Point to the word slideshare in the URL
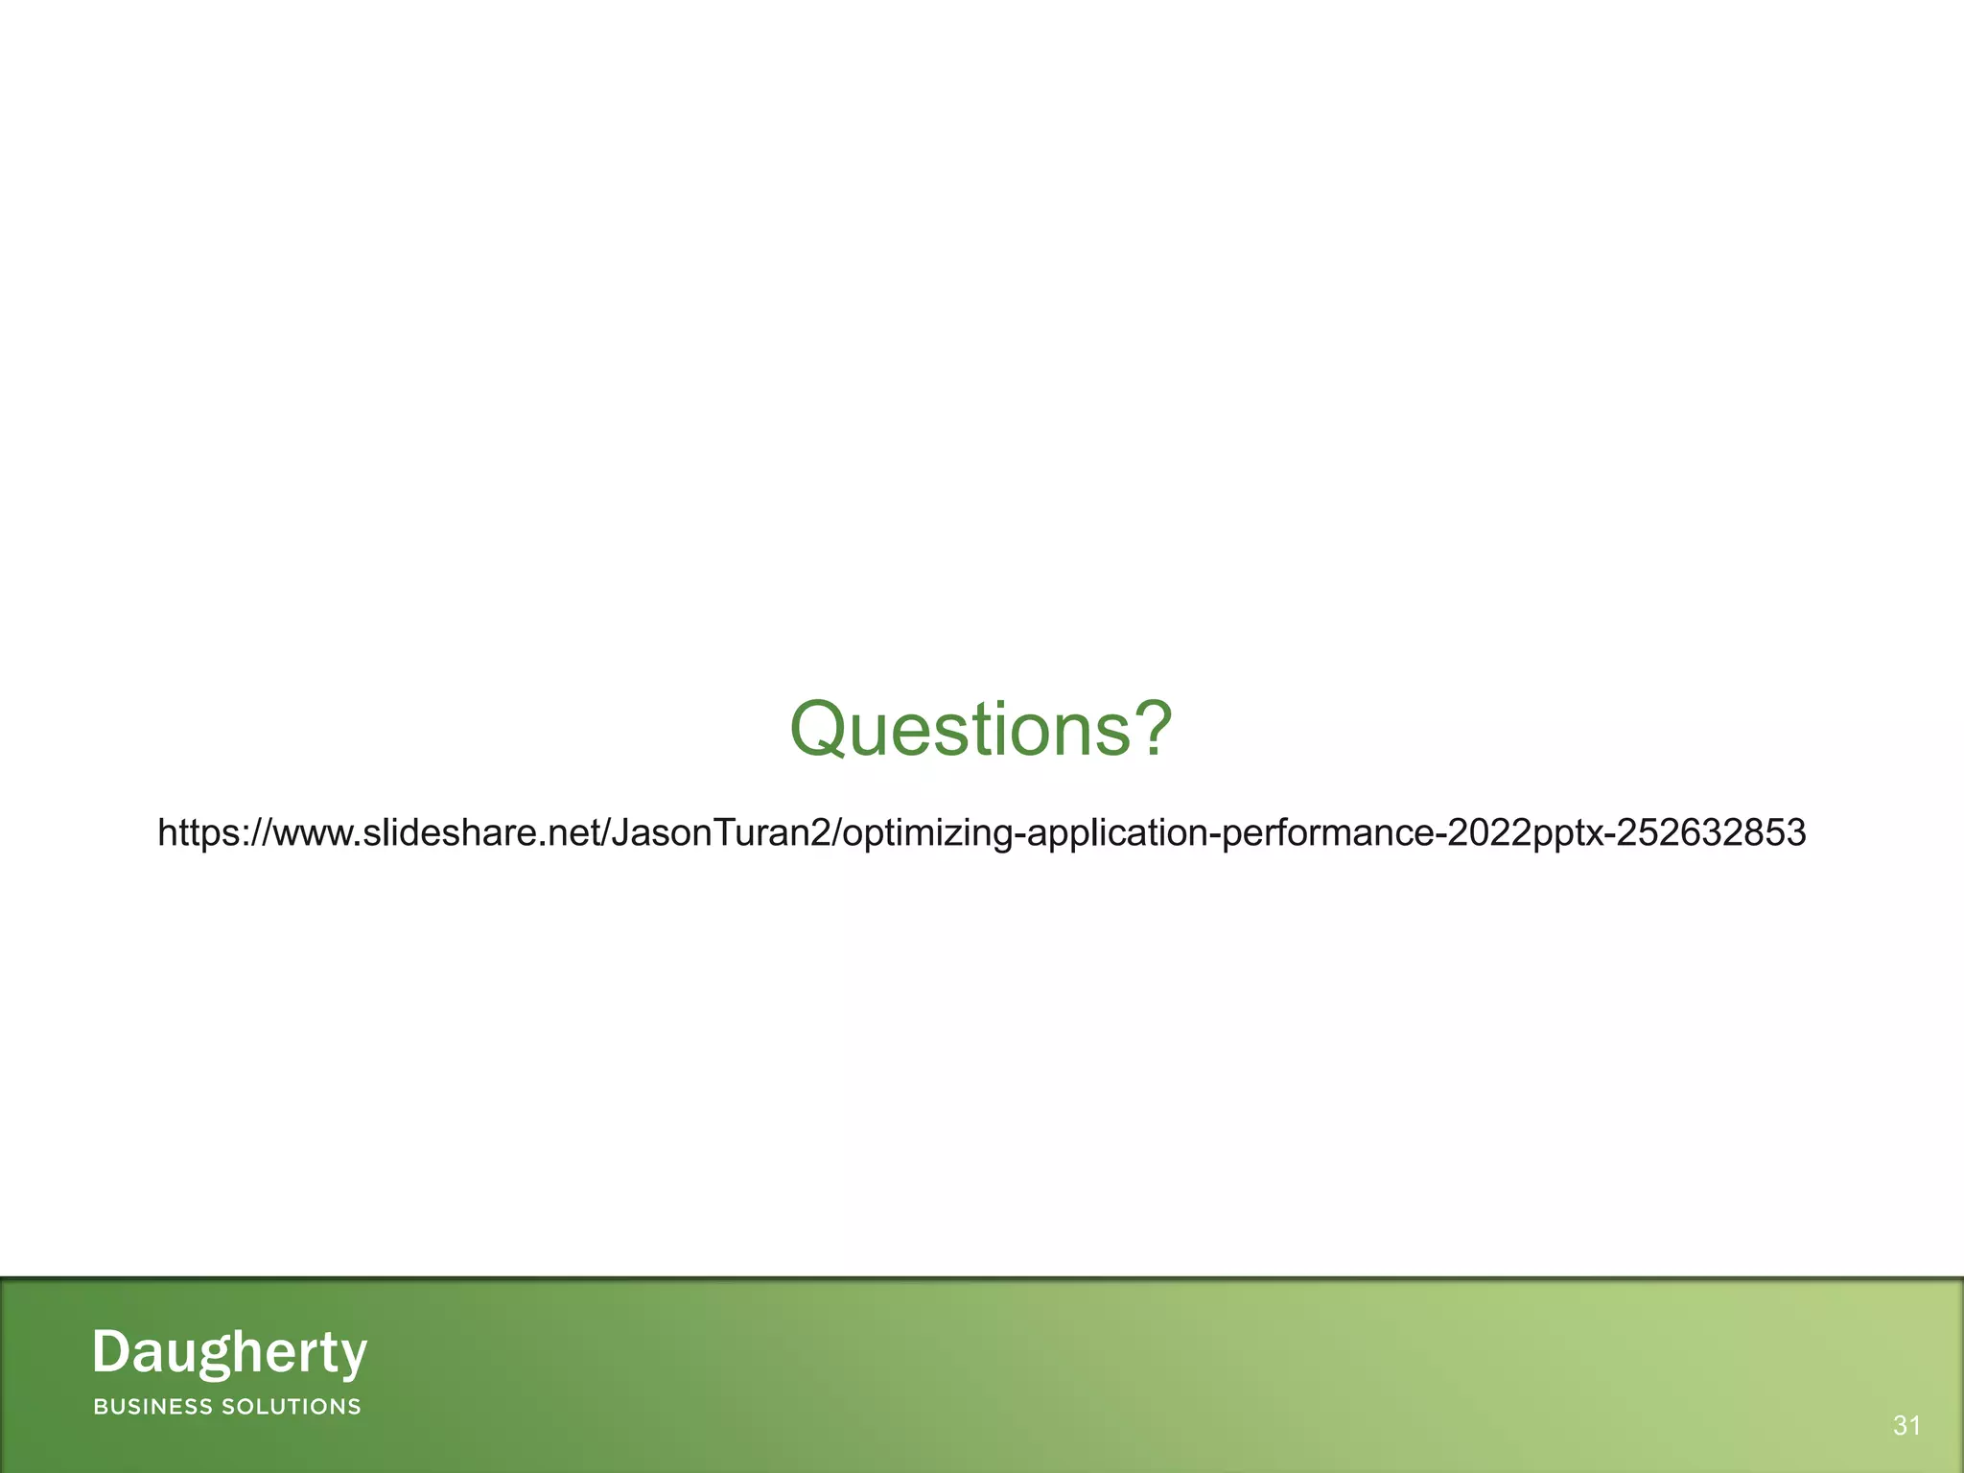[x=456, y=832]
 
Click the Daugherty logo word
[x=229, y=1353]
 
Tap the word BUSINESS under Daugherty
[x=152, y=1407]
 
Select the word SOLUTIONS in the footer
[x=292, y=1407]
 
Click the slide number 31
[x=1906, y=1426]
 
